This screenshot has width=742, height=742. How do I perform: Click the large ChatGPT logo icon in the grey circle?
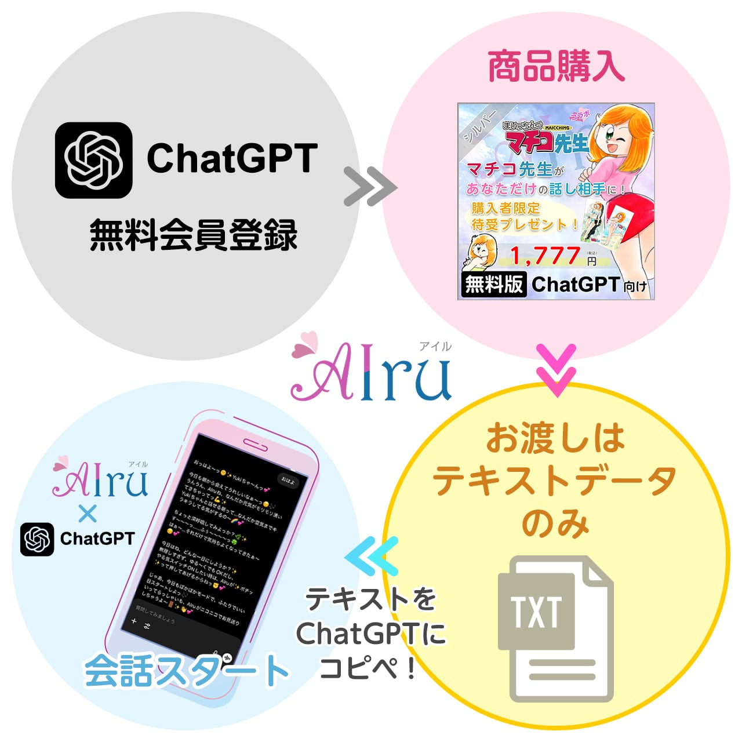[x=93, y=161]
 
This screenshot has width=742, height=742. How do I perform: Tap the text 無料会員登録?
[x=193, y=235]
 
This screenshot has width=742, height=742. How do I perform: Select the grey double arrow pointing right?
[x=370, y=187]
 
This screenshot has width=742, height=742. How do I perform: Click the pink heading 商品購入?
[x=555, y=67]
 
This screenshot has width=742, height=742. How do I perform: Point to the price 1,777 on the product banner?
[x=545, y=256]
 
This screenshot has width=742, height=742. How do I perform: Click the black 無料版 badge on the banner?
[x=493, y=284]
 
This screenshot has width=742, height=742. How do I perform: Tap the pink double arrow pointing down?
[x=556, y=370]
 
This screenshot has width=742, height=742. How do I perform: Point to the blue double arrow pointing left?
[x=372, y=556]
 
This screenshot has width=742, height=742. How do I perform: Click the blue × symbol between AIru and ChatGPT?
[x=88, y=514]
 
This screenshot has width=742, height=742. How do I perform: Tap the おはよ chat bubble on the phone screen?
[x=288, y=481]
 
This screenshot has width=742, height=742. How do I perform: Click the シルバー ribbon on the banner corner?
[x=479, y=125]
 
